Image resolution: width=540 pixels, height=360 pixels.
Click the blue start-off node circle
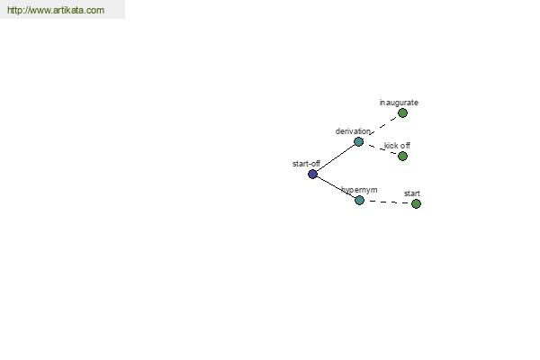pos(312,174)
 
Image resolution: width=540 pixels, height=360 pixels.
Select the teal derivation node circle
pos(358,141)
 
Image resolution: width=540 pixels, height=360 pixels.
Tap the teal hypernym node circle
pos(359,200)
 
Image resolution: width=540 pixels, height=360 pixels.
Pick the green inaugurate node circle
pos(402,113)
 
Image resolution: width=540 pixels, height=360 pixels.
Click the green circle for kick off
pos(402,156)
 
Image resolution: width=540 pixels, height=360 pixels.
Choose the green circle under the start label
pos(416,203)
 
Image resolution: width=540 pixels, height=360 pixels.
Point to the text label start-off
pos(306,164)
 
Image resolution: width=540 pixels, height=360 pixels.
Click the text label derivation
pos(353,131)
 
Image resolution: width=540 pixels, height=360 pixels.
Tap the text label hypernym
pos(359,190)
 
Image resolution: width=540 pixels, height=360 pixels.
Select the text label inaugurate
pos(399,103)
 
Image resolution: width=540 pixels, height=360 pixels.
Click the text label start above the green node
pos(412,193)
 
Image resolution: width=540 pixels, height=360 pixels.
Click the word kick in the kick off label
pos(391,146)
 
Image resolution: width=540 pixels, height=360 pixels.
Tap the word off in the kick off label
pos(405,146)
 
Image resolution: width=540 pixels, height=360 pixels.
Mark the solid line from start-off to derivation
pos(336,157)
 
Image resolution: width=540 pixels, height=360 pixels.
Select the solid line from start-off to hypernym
pos(336,187)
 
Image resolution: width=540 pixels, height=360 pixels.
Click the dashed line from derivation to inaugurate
pos(383,125)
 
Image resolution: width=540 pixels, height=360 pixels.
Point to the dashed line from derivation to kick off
pos(382,148)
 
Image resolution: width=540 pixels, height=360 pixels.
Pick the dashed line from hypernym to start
pos(388,202)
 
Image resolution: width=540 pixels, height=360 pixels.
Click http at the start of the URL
pos(14,10)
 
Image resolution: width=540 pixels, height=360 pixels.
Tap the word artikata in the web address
pos(67,10)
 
